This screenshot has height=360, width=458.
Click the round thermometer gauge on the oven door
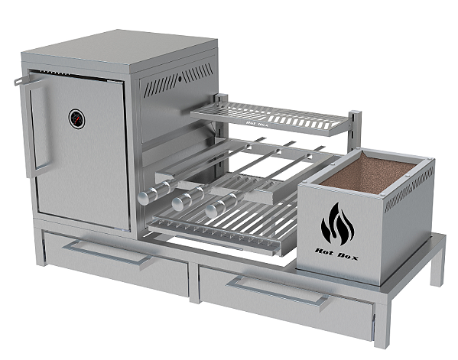(77, 118)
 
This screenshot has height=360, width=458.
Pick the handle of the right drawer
(279, 293)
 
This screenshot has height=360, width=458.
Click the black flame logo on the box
(338, 224)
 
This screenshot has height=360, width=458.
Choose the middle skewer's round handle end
(179, 203)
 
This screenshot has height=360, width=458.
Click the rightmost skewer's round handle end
(210, 209)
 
